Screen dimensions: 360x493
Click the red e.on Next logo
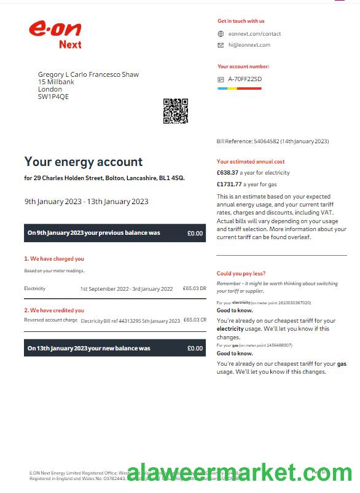55,34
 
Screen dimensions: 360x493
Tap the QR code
175,111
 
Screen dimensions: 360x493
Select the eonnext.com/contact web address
254,34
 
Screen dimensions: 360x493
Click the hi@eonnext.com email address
249,45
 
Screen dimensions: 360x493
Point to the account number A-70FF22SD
245,79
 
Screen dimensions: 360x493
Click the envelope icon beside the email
221,45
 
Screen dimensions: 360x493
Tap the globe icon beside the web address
221,34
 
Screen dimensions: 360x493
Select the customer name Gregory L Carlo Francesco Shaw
88,74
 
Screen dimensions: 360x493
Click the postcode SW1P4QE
53,97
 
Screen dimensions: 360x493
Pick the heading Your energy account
84,162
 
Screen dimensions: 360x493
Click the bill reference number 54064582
266,141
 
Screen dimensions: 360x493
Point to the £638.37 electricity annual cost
227,173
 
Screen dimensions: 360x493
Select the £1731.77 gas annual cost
230,184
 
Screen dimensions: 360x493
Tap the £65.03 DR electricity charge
194,288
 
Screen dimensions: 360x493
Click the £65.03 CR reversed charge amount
194,320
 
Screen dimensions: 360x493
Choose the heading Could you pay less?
241,274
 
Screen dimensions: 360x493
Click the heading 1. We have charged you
54,259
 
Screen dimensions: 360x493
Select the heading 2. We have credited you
54,310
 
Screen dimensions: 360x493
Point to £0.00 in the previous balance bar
195,233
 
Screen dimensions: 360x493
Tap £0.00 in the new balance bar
195,348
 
